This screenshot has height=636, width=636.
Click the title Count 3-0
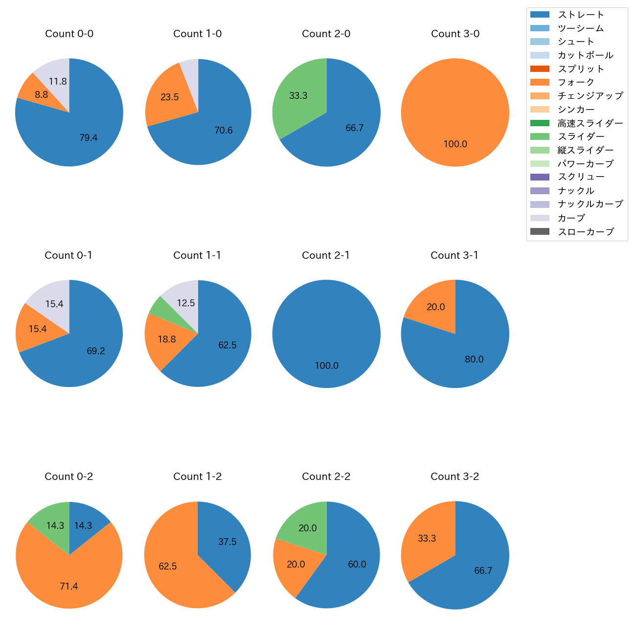click(455, 34)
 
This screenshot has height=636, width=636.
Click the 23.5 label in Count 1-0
click(169, 97)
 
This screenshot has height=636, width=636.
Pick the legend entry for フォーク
click(576, 82)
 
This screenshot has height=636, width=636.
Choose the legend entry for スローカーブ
click(586, 232)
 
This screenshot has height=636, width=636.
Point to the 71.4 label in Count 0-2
click(68, 586)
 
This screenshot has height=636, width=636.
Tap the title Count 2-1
click(326, 255)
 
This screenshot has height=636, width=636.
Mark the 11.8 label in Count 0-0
click(58, 82)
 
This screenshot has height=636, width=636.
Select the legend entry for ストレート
click(581, 15)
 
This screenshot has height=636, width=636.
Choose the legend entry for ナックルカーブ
click(590, 204)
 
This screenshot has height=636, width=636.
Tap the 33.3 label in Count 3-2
click(427, 539)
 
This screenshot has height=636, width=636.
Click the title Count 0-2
click(68, 477)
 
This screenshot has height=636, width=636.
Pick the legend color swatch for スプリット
click(540, 69)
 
